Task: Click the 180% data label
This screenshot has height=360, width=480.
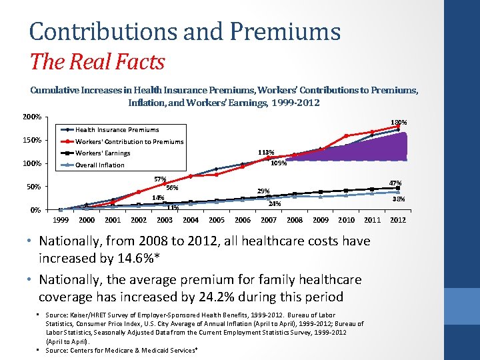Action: (399, 122)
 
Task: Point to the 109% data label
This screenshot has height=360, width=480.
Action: (279, 163)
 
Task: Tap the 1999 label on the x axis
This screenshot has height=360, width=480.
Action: (61, 220)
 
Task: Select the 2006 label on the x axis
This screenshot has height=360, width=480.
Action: (243, 220)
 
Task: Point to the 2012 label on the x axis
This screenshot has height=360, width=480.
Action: (398, 220)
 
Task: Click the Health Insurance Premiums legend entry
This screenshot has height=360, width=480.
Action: (117, 129)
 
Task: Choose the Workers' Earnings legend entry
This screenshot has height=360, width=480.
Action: (103, 153)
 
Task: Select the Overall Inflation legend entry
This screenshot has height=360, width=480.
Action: (100, 165)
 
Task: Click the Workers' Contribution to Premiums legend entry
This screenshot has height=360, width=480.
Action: (129, 141)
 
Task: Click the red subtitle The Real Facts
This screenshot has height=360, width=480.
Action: (97, 62)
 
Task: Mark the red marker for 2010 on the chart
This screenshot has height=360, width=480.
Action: (347, 136)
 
